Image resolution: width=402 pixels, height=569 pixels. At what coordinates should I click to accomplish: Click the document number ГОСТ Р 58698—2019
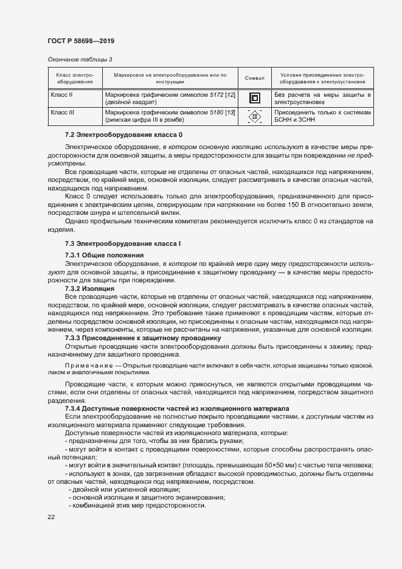click(x=80, y=41)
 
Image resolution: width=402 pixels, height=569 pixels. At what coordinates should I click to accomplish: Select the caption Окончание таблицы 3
click(x=79, y=59)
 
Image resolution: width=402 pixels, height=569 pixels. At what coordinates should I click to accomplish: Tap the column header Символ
click(x=254, y=78)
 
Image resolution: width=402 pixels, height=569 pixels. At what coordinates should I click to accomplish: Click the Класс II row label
click(x=61, y=96)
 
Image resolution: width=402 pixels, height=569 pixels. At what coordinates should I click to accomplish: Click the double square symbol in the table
click(x=254, y=99)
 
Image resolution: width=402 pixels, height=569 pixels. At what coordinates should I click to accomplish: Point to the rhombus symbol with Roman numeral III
click(x=254, y=117)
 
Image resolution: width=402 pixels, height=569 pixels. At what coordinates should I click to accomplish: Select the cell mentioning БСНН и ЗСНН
click(x=297, y=120)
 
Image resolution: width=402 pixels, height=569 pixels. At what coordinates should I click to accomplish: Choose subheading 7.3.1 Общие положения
click(x=104, y=254)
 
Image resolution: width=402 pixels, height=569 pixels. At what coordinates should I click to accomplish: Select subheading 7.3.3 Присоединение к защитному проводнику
click(x=142, y=337)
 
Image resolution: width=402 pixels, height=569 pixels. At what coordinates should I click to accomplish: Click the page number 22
click(x=50, y=517)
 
